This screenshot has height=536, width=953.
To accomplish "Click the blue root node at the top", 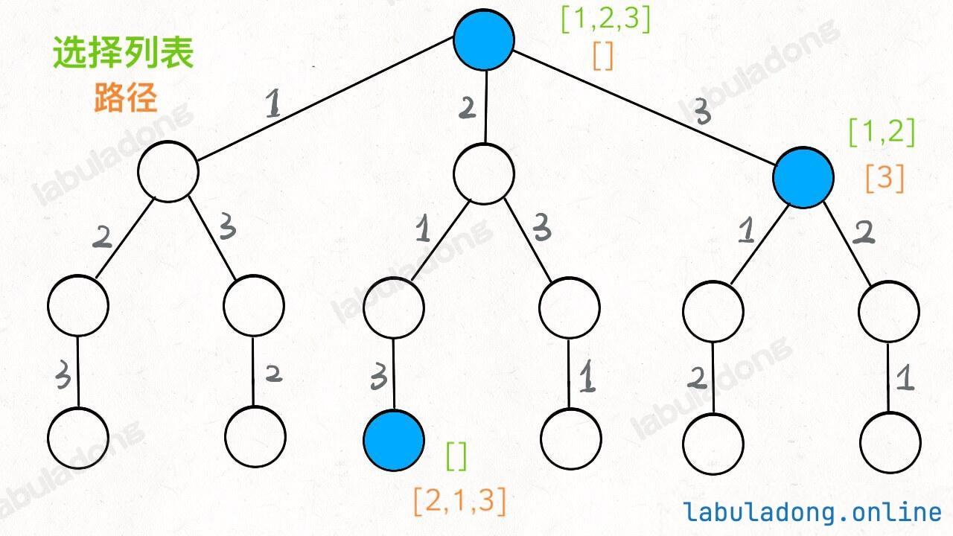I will pyautogui.click(x=484, y=39).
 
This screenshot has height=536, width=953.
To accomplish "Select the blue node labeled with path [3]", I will pyautogui.click(x=803, y=176).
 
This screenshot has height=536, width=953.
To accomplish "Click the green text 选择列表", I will pyautogui.click(x=124, y=54).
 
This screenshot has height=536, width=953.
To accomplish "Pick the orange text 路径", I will pyautogui.click(x=126, y=97).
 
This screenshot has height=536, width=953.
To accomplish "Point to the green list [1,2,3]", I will pyautogui.click(x=605, y=20).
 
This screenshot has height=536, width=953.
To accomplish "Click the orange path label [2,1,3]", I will pyautogui.click(x=459, y=502).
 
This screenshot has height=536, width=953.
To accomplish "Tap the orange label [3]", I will pyautogui.click(x=885, y=178).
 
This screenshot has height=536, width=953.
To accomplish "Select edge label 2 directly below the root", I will pyautogui.click(x=467, y=108).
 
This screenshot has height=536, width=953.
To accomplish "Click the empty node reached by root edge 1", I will pyautogui.click(x=168, y=171).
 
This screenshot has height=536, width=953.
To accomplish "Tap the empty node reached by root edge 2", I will pyautogui.click(x=484, y=173).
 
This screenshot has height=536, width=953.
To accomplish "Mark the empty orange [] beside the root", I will pyautogui.click(x=603, y=56).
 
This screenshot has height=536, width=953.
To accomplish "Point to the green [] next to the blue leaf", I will pyautogui.click(x=456, y=456).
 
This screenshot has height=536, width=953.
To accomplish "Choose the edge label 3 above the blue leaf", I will pyautogui.click(x=378, y=378).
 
